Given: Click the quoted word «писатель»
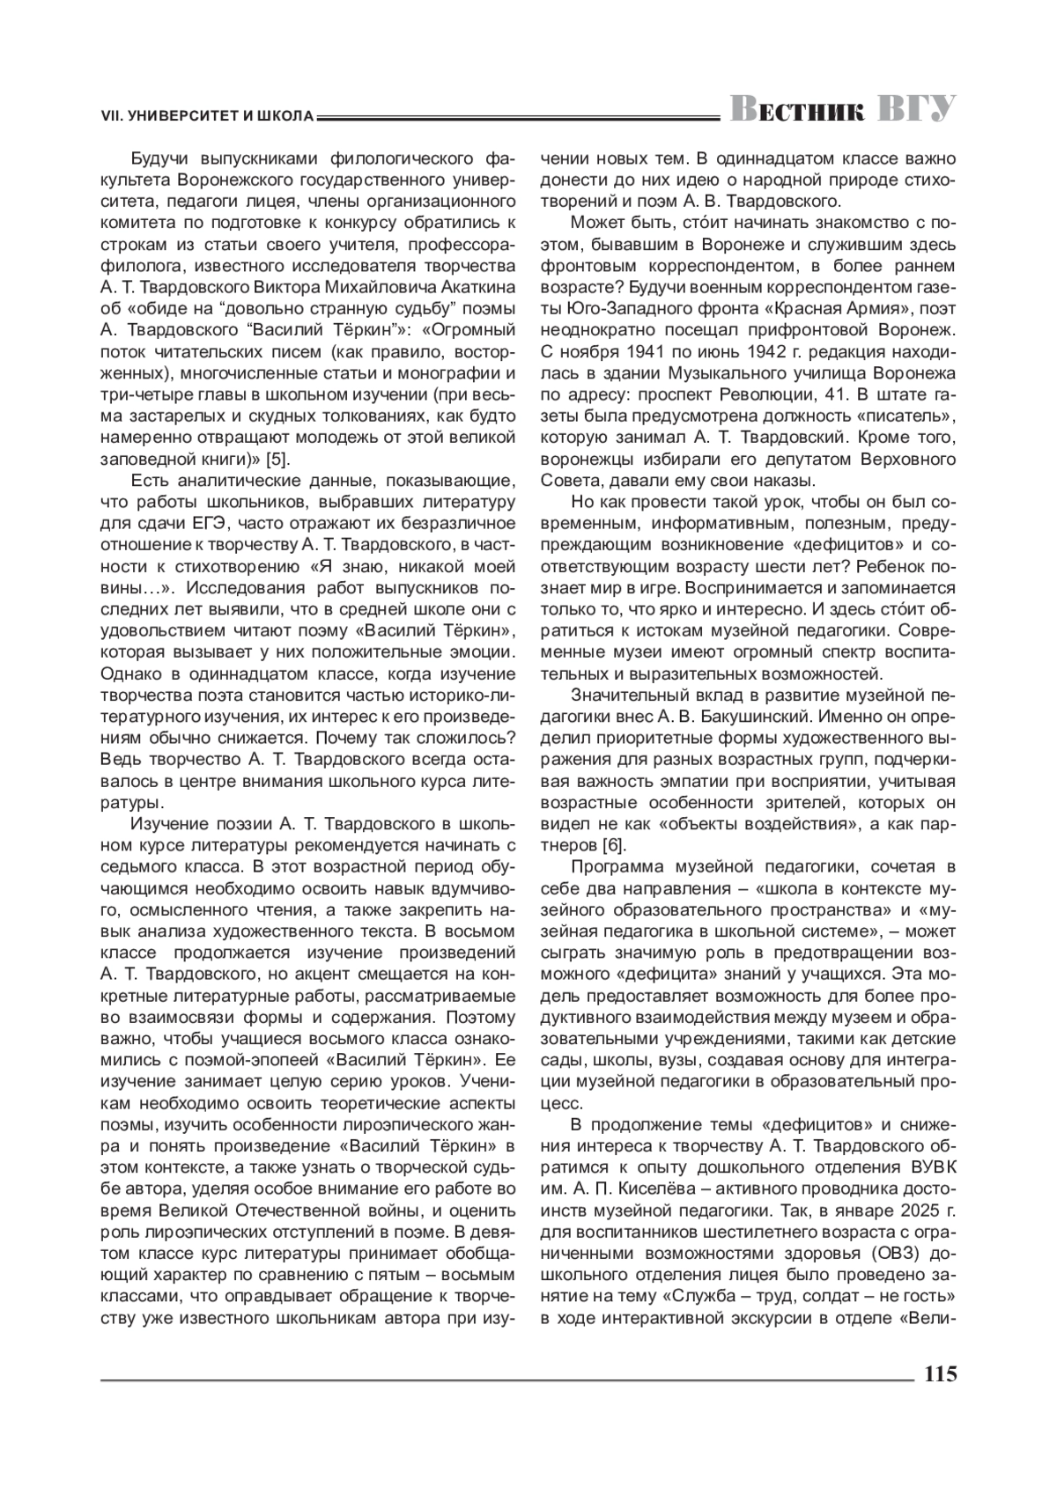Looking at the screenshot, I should (905, 416).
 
